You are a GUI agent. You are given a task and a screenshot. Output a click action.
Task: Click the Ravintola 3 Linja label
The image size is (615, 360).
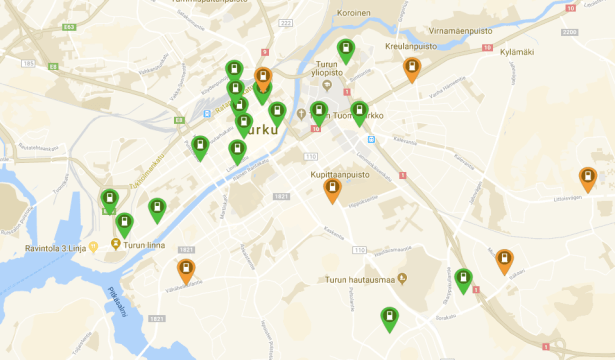pos(56,246)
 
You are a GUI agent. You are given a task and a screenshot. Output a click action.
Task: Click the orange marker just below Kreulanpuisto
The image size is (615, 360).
pos(411,67)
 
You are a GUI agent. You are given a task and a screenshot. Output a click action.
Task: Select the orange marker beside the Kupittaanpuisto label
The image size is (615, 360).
pos(332,188)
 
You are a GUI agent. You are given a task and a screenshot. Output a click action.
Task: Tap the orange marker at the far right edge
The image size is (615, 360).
pos(588,178)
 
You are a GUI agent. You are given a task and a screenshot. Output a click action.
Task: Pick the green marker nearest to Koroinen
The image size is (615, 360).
pos(346,49)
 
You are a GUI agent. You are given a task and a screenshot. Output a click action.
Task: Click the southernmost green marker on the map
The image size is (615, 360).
pos(389,318)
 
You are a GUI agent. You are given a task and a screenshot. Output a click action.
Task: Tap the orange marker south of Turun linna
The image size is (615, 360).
pos(186,268)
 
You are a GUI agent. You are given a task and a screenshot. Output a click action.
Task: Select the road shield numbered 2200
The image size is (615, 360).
pos(569,34)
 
